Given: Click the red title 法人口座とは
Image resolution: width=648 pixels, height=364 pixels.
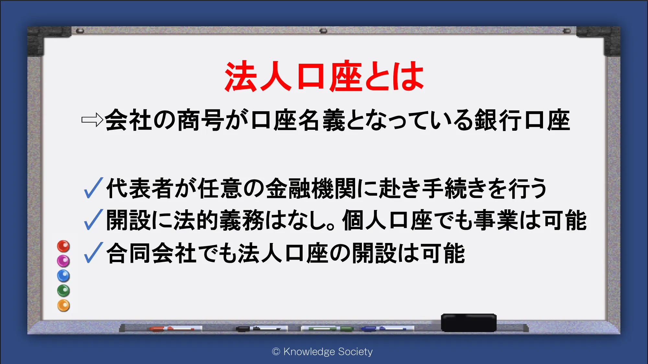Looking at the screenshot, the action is [x=324, y=76].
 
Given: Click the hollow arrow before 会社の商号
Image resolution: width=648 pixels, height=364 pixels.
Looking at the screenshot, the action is [x=92, y=120].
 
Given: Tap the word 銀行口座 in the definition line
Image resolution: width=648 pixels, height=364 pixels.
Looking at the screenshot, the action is [x=522, y=120].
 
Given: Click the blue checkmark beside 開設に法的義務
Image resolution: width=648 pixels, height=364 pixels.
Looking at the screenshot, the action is [x=93, y=220].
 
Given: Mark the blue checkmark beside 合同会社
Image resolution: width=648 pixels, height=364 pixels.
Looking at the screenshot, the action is [x=93, y=253].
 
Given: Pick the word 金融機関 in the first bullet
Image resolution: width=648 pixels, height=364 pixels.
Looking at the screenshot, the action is [x=311, y=188].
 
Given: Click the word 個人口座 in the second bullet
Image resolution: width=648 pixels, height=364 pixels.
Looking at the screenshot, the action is [x=388, y=220].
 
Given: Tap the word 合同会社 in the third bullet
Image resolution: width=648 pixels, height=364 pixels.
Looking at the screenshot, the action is [x=152, y=253].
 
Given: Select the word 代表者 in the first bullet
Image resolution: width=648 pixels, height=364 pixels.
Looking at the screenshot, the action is [x=140, y=188].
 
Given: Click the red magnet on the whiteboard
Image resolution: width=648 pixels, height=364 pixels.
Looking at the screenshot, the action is [x=64, y=246].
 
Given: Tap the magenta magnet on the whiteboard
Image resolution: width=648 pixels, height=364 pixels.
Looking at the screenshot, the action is [x=64, y=261].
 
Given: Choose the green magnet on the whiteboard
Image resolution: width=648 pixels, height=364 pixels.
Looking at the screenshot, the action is [x=64, y=291].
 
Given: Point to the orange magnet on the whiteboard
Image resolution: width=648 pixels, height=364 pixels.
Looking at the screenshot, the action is [x=64, y=305].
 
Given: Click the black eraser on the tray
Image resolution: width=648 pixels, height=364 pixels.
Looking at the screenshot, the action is [x=469, y=323].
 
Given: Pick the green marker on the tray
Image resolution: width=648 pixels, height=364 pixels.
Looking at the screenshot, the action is [x=327, y=329].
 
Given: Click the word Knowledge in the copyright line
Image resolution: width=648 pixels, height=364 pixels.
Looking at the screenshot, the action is [x=309, y=352].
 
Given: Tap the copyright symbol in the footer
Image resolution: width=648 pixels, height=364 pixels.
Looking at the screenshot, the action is [x=276, y=352].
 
